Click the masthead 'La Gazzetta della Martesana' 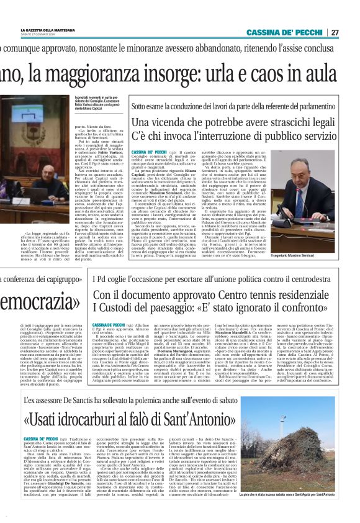tap(49, 29)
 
